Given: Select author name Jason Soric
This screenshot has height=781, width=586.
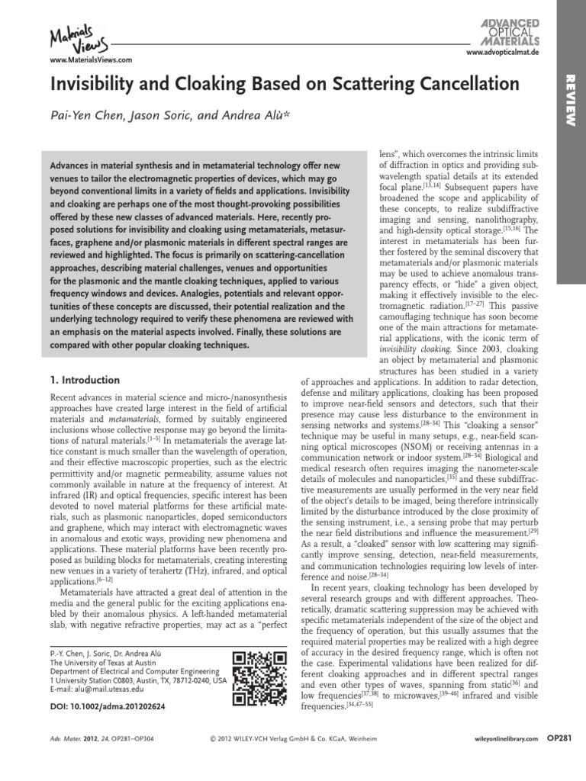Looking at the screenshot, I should (156, 116).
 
